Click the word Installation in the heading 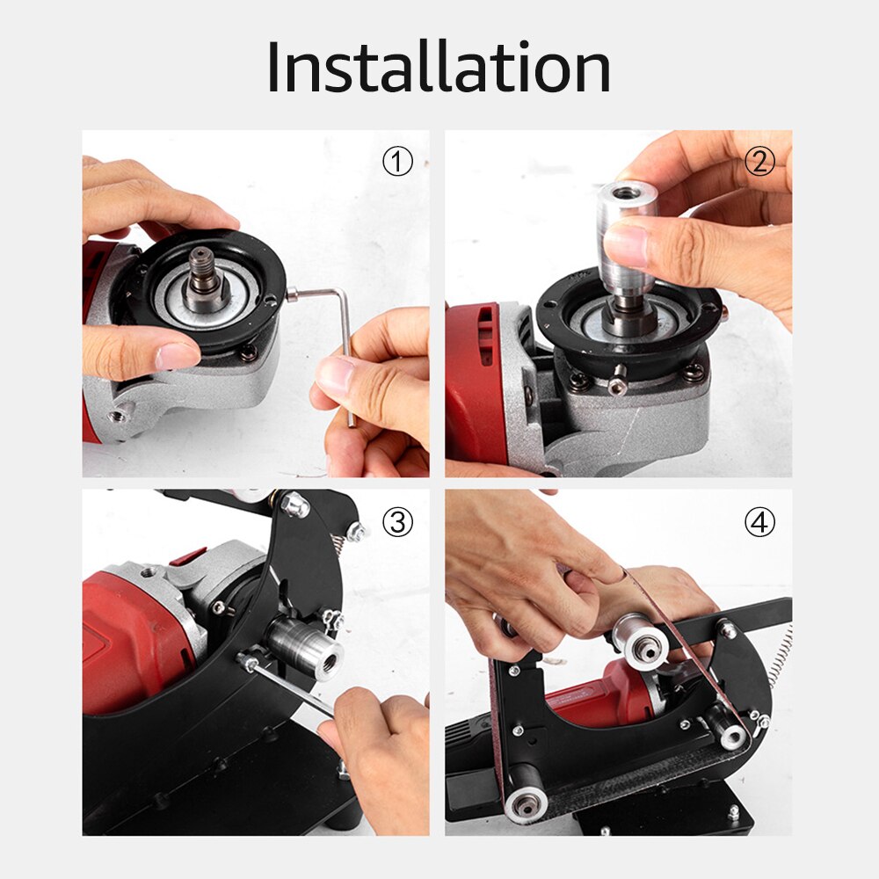[x=439, y=68]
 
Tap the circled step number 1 [x=397, y=162]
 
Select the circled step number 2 [x=759, y=162]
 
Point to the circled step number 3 [x=397, y=523]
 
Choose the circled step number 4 [x=759, y=523]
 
